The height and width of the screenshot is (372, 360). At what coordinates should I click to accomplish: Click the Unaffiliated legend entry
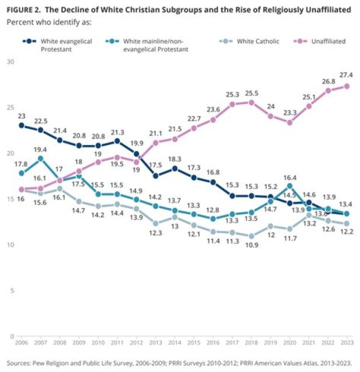(327, 41)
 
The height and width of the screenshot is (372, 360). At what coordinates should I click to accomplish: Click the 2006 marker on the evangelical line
(21, 125)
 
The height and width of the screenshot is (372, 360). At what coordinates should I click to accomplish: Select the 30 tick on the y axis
(10, 61)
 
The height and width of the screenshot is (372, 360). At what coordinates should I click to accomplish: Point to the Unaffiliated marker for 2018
(251, 102)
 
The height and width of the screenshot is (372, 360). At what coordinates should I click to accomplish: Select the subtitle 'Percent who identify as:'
(49, 23)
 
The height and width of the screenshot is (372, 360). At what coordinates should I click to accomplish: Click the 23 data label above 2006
(21, 115)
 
